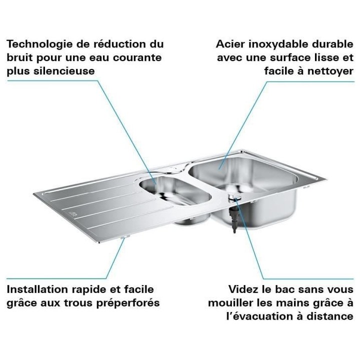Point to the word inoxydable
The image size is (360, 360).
277,44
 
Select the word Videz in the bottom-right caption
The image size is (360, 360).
243,289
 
